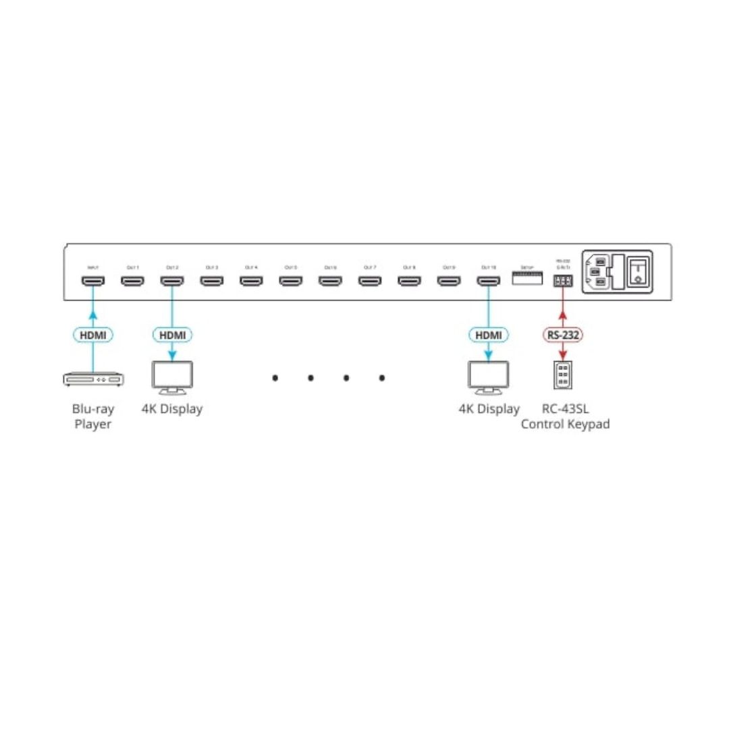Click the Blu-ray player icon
click(x=93, y=380)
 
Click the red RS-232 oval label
click(x=562, y=335)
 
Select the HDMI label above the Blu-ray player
click(x=93, y=335)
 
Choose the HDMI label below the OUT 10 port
click(x=488, y=335)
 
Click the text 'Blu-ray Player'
click(x=93, y=416)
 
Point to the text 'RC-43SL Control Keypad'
click(x=565, y=416)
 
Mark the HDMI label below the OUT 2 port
click(x=171, y=335)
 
